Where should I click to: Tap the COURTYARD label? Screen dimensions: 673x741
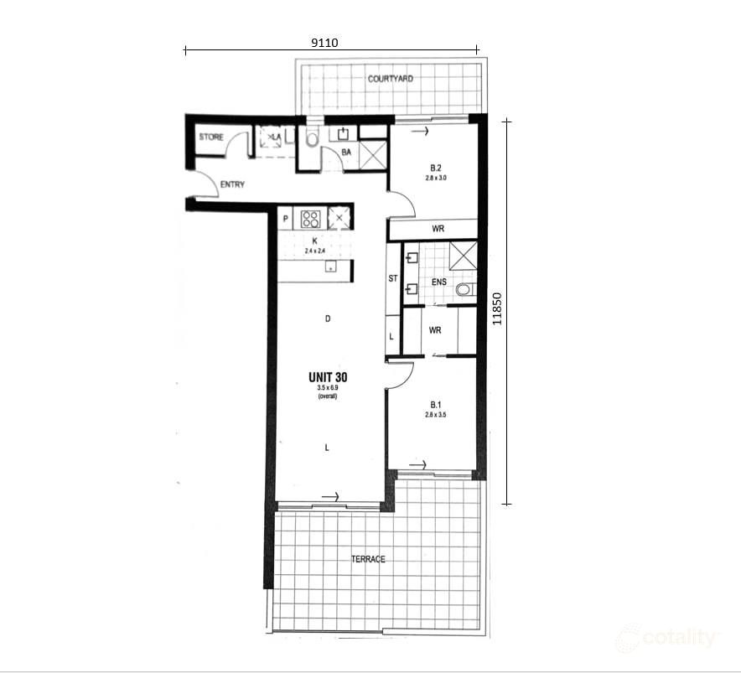click(390, 79)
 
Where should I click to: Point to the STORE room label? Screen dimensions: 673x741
click(210, 137)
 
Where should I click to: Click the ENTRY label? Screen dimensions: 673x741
click(232, 184)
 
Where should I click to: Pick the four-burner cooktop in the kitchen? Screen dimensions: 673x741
click(311, 219)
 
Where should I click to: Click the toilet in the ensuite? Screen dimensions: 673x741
click(465, 290)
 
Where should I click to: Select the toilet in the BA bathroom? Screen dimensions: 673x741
click(312, 139)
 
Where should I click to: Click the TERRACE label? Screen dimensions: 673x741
click(369, 559)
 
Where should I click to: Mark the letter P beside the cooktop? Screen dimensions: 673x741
click(286, 219)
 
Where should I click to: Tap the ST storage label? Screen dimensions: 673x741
click(392, 279)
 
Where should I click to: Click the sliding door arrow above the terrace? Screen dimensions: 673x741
click(329, 497)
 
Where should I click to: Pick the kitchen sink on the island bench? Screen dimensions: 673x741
click(331, 267)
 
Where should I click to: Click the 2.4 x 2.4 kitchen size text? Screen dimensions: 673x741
click(315, 249)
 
